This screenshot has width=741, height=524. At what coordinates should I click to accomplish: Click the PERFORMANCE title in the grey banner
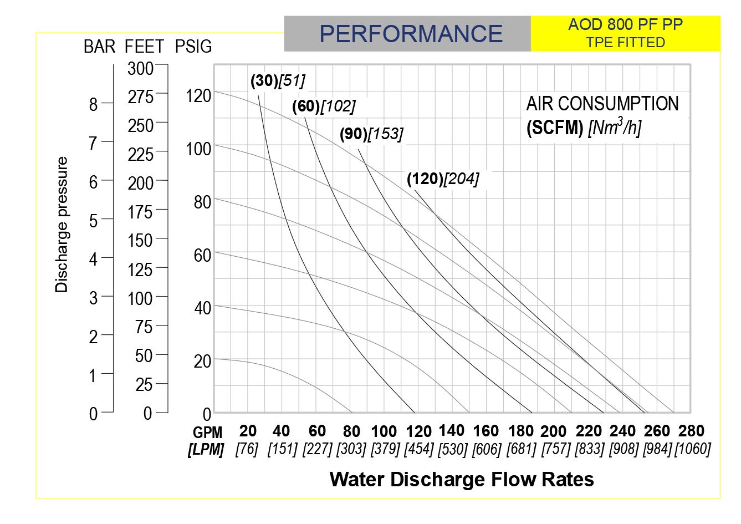[x=411, y=34]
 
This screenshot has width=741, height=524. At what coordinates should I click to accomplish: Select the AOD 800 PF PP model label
[x=625, y=25]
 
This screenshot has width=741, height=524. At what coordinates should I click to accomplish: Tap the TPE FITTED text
[x=625, y=43]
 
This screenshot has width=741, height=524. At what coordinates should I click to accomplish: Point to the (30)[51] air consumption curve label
[x=278, y=81]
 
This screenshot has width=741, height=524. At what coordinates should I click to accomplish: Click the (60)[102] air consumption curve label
[x=324, y=106]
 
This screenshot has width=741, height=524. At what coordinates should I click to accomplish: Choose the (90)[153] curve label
[x=371, y=134]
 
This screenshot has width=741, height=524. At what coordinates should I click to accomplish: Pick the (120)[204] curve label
[x=442, y=179]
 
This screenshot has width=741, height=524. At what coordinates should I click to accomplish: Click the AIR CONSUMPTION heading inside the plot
[x=602, y=104]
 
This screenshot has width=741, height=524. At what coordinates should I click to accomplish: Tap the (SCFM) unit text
[x=554, y=129]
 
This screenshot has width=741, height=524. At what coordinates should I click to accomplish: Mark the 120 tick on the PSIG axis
[x=198, y=96]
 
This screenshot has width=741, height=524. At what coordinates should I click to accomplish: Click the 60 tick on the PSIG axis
[x=203, y=255]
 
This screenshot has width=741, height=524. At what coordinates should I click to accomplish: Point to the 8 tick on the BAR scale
[x=93, y=105]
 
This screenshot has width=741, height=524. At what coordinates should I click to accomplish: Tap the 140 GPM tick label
[x=451, y=430]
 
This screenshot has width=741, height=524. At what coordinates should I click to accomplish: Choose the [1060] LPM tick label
[x=692, y=449]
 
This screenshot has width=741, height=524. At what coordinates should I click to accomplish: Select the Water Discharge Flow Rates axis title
[x=461, y=479]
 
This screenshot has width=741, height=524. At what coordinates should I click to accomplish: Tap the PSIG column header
[x=193, y=47]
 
